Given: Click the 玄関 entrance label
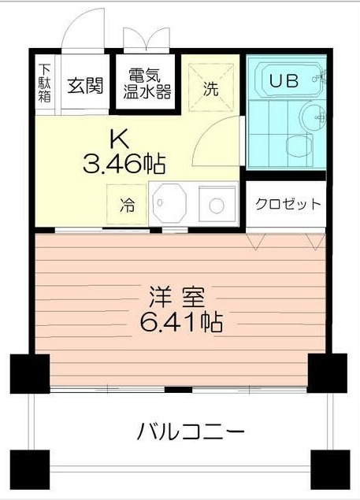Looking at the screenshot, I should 84,85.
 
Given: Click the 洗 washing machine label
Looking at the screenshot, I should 210,88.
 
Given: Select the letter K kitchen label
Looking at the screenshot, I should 119,139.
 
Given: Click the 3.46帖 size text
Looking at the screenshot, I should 124,165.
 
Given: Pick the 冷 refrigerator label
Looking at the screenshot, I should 127,206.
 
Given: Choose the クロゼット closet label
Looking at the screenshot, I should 288,204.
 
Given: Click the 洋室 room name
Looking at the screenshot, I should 177,298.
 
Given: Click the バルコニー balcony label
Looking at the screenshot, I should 190,431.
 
